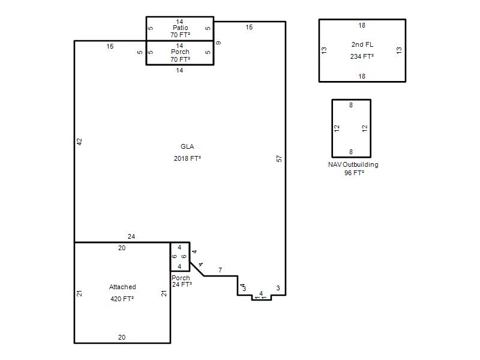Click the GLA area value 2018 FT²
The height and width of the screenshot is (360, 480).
[x=187, y=158]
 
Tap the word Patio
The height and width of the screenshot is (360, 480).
[x=181, y=28]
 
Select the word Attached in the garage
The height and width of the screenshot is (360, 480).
[x=122, y=287]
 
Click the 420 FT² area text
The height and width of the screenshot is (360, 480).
[x=122, y=298]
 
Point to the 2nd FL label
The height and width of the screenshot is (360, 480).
[x=362, y=44]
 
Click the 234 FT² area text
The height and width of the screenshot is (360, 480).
[x=362, y=56]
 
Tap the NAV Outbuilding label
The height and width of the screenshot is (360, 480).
[x=353, y=164]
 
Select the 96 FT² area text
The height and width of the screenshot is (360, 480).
[x=354, y=173]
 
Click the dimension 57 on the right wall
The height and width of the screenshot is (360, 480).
[x=279, y=158]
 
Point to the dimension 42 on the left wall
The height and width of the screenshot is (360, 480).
[x=79, y=142]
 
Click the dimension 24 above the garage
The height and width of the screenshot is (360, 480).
[x=131, y=236]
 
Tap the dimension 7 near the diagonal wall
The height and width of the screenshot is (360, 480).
[x=220, y=270]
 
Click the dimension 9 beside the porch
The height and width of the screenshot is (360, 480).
[x=218, y=43]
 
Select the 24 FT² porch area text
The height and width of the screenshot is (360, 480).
[x=182, y=284]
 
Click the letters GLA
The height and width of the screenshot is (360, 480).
[x=187, y=146]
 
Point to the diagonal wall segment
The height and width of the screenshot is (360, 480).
[x=197, y=269]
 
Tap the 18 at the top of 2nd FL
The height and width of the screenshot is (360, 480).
[x=362, y=25]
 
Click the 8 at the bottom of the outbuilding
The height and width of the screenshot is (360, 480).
[x=351, y=152]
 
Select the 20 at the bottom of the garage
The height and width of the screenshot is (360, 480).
[x=122, y=337]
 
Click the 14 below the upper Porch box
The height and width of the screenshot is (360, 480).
[x=179, y=70]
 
